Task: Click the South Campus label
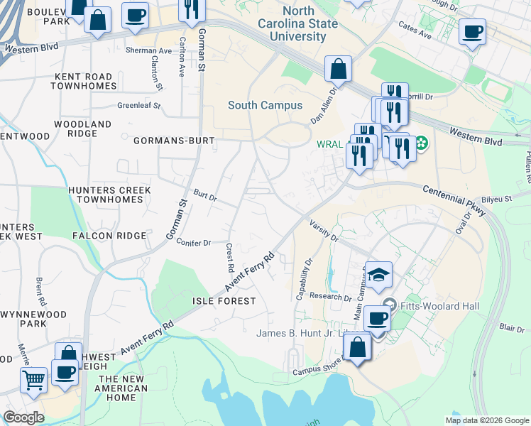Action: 265,105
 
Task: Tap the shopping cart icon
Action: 33,379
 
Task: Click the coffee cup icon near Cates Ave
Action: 472,31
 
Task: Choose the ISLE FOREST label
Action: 224,301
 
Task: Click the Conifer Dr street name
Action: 194,242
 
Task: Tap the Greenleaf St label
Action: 139,106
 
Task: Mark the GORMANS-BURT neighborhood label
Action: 174,141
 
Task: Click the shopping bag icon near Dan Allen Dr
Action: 339,70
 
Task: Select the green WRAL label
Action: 330,145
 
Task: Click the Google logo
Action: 23,417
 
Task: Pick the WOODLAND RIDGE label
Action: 84,129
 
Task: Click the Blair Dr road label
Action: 511,327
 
